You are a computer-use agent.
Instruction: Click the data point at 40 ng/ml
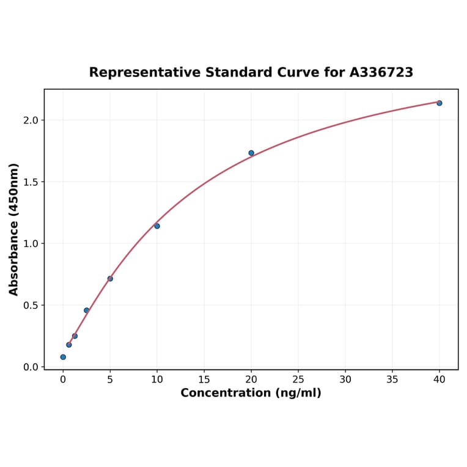pyautogui.click(x=439, y=103)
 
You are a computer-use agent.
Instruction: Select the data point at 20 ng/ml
pyautogui.click(x=251, y=153)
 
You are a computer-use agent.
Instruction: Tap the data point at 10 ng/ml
pyautogui.click(x=157, y=226)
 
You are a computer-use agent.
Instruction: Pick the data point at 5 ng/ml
pyautogui.click(x=110, y=279)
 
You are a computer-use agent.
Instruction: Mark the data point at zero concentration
pyautogui.click(x=63, y=357)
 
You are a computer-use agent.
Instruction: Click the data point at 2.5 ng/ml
pyautogui.click(x=87, y=311)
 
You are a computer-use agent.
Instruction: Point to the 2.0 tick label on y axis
pyautogui.click(x=31, y=120)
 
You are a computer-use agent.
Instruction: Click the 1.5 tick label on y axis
pyautogui.click(x=31, y=182)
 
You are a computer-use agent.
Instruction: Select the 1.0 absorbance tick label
pyautogui.click(x=31, y=244)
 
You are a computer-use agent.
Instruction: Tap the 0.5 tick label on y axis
pyautogui.click(x=31, y=306)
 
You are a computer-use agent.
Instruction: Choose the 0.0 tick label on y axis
pyautogui.click(x=31, y=367)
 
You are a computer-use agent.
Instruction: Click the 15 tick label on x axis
pyautogui.click(x=204, y=380)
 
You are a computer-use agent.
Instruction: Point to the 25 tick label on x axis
pyautogui.click(x=298, y=380)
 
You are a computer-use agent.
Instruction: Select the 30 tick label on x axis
pyautogui.click(x=345, y=380)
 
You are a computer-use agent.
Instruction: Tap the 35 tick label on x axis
pyautogui.click(x=392, y=380)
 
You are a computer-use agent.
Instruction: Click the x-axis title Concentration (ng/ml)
pyautogui.click(x=251, y=393)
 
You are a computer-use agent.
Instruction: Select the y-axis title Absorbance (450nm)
pyautogui.click(x=14, y=229)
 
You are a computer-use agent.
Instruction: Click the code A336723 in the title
pyautogui.click(x=381, y=73)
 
